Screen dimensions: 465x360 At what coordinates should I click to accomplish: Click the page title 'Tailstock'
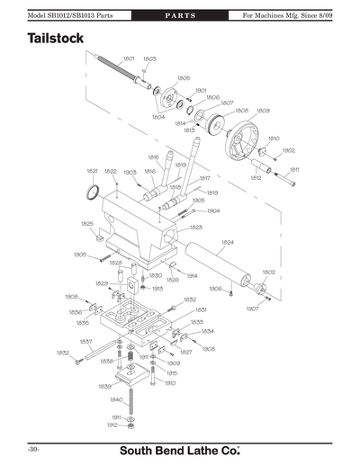56,40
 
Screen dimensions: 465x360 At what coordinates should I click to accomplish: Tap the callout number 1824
227,243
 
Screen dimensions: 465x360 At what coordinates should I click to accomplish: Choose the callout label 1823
194,228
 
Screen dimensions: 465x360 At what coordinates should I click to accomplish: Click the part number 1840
116,399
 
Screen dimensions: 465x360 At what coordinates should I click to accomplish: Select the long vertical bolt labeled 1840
132,396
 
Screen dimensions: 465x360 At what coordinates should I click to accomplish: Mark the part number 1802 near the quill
268,271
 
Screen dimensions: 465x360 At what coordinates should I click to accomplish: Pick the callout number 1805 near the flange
183,78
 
